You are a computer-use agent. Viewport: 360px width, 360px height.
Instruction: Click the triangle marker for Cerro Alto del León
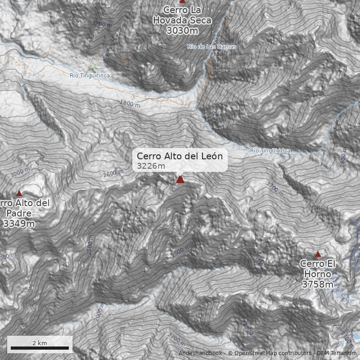tap(180, 179)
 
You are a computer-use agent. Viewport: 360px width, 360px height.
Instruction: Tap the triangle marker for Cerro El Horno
tap(318, 254)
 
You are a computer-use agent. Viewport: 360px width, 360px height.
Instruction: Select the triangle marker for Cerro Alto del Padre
tap(19, 193)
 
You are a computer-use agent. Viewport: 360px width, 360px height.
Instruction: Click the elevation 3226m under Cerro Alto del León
tap(148, 166)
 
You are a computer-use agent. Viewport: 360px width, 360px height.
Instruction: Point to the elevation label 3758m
tap(318, 284)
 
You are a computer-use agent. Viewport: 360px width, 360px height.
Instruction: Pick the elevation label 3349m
tap(18, 223)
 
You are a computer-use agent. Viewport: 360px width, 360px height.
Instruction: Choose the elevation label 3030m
tap(182, 31)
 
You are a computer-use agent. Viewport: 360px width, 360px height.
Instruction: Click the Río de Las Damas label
tap(211, 46)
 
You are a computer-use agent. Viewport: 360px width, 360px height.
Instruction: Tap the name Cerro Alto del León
tap(180, 156)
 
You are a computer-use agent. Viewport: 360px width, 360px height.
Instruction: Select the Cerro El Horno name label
tap(318, 269)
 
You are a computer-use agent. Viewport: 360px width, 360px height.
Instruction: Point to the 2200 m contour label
tap(101, 23)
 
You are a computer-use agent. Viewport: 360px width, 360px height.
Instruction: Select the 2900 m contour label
tap(249, 332)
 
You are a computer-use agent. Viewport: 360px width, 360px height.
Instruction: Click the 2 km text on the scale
tap(40, 343)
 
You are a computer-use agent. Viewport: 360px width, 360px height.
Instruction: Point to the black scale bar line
tap(40, 348)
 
